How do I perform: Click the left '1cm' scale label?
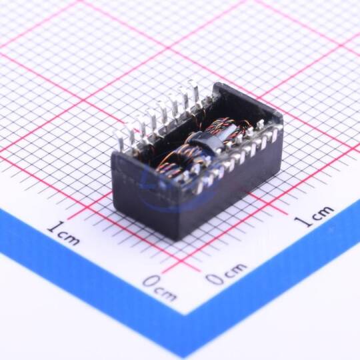click(x=64, y=233)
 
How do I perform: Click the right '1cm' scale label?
click(x=314, y=216)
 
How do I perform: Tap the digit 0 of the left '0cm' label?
click(x=151, y=281)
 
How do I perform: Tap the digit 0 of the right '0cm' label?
click(x=215, y=278)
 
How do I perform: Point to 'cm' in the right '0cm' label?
click(x=235, y=270)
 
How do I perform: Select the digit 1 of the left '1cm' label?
click(x=55, y=227)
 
